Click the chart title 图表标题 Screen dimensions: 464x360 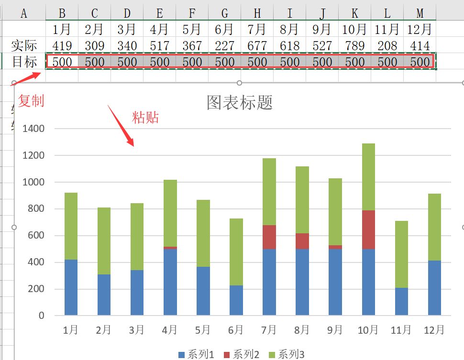[x=239, y=102]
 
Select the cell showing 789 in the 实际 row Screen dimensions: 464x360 [x=354, y=45]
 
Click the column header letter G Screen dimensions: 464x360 [x=225, y=13]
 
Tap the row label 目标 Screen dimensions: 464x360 [x=24, y=62]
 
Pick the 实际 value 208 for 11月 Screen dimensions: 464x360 [x=387, y=45]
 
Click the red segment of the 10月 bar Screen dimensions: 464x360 [x=368, y=229]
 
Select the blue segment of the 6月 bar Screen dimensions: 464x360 [x=236, y=300]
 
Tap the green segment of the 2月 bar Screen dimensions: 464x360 [x=104, y=241]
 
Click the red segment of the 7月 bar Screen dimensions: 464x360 [x=269, y=237]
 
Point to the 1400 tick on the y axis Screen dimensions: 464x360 [x=33, y=129]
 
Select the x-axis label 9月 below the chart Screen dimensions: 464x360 [x=335, y=329]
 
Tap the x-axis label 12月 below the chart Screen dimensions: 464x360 [x=434, y=329]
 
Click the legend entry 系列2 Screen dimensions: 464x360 [x=242, y=354]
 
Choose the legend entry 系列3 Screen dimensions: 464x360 [x=287, y=354]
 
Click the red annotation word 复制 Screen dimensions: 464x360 [x=31, y=100]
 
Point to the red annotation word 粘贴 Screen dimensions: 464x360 [x=145, y=117]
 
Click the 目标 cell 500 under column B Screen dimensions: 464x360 [x=62, y=62]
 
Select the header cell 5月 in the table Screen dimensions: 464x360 [x=192, y=29]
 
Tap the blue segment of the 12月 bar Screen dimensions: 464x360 [x=434, y=287]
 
